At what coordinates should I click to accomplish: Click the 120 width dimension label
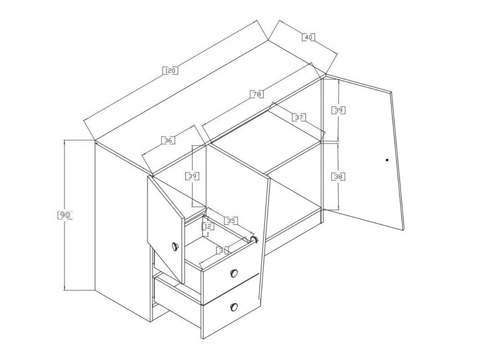pyautogui.click(x=170, y=71)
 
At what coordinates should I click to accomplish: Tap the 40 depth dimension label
pyautogui.click(x=308, y=38)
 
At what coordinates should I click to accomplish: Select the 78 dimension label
pyautogui.click(x=257, y=94)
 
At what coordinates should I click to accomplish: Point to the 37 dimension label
pyautogui.click(x=299, y=117)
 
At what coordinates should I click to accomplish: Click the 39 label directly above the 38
pyautogui.click(x=339, y=110)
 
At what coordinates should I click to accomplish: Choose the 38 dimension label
pyautogui.click(x=338, y=177)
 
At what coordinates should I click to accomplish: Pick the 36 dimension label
pyautogui.click(x=168, y=140)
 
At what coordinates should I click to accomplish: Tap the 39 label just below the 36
pyautogui.click(x=192, y=176)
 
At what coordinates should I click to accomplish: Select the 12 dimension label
pyautogui.click(x=208, y=227)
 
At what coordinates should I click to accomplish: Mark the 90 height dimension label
pyautogui.click(x=65, y=215)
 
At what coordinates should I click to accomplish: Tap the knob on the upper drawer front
pyautogui.click(x=234, y=273)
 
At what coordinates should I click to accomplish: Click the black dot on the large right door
pyautogui.click(x=387, y=160)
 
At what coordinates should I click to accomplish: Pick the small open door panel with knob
pyautogui.click(x=166, y=230)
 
